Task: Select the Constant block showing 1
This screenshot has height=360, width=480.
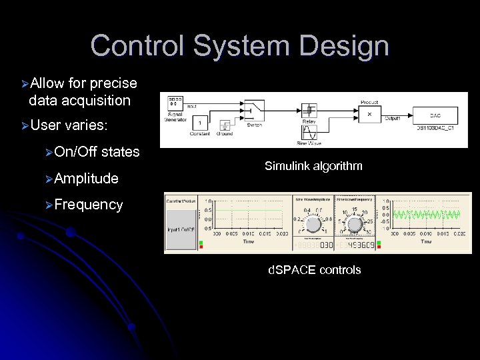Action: [x=199, y=123]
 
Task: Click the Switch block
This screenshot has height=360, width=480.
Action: [x=254, y=110]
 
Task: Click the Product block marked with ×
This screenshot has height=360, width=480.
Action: [x=369, y=114]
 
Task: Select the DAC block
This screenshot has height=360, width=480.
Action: [x=435, y=114]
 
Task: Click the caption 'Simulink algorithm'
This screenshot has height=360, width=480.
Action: [x=313, y=166]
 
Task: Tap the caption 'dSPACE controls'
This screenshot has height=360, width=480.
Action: [x=314, y=270]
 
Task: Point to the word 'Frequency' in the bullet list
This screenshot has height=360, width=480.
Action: [x=89, y=205]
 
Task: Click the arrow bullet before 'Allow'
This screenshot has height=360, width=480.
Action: [x=24, y=84]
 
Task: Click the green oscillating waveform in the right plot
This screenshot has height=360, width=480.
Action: [x=426, y=215]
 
